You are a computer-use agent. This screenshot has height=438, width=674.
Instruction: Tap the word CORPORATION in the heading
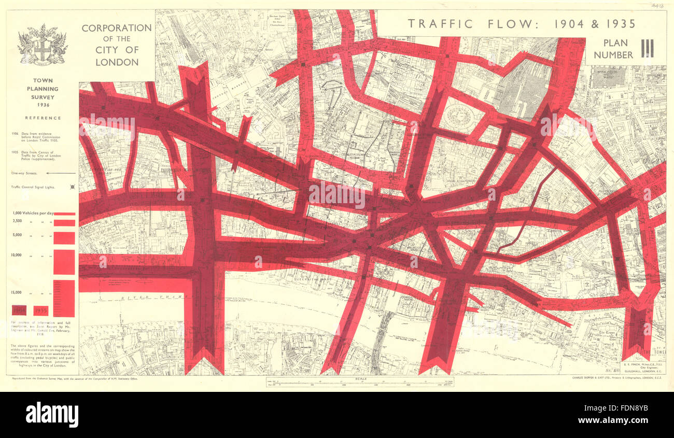coord(117,28)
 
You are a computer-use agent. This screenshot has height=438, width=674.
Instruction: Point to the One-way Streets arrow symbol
coord(61,174)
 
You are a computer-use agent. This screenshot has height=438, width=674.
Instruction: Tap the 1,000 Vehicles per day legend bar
coord(64,214)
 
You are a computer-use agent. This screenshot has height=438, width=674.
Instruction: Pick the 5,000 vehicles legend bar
coord(64,238)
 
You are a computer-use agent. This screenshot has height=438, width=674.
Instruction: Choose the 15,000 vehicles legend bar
coord(64,298)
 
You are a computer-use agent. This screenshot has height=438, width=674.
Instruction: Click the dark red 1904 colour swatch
coord(20,310)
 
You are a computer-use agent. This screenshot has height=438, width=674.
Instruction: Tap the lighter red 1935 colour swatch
coord(41,310)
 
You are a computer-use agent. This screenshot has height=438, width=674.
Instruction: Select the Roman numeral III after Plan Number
coord(647,49)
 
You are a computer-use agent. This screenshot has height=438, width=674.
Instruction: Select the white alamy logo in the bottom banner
coord(52,415)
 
